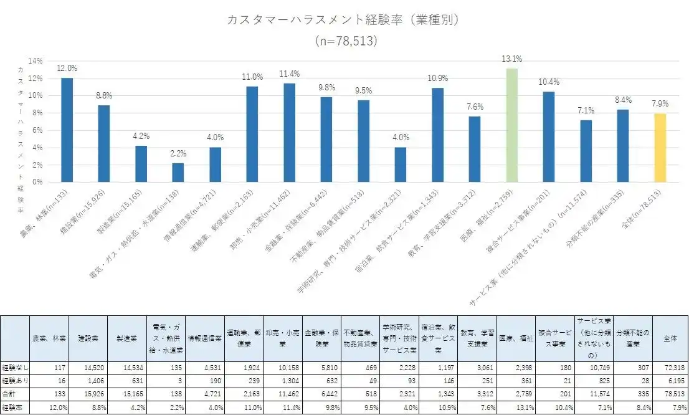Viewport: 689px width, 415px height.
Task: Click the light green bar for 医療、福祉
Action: (511, 125)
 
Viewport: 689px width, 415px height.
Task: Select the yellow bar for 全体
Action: (660, 147)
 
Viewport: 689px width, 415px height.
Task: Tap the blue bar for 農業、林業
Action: (67, 130)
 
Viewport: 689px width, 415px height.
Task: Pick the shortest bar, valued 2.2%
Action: (178, 172)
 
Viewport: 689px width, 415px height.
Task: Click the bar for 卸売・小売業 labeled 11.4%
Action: (289, 132)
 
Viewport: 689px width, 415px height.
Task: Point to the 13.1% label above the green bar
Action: (511, 59)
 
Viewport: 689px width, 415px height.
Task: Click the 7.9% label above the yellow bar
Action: (660, 103)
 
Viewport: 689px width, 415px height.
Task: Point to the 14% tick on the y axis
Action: (35, 61)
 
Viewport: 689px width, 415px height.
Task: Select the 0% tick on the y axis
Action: (37, 182)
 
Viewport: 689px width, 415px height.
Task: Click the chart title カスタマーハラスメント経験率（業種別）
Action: (344, 20)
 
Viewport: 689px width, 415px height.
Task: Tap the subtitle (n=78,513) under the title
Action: (344, 41)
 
